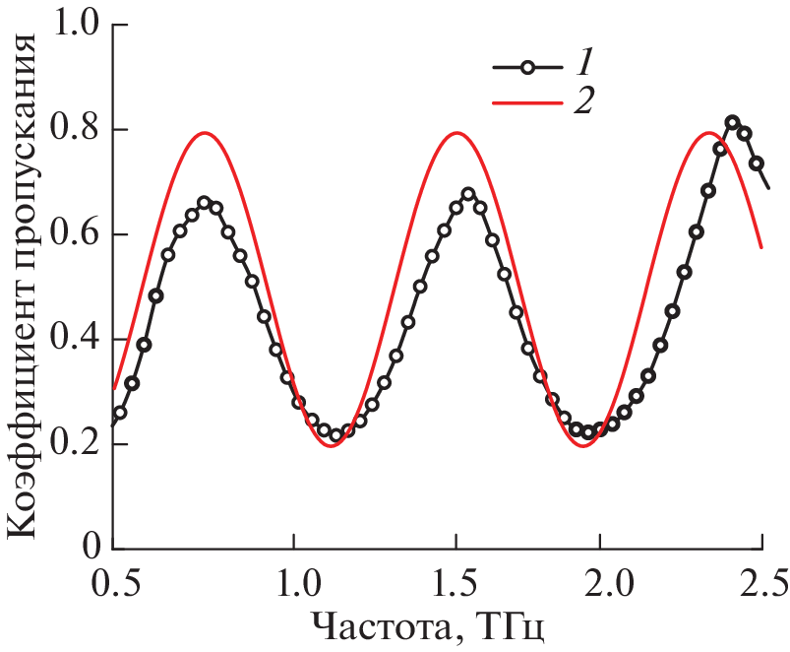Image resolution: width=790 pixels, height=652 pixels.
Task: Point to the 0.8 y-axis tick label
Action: pyautogui.click(x=77, y=129)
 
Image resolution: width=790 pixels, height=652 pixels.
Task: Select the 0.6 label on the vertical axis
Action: pyautogui.click(x=77, y=234)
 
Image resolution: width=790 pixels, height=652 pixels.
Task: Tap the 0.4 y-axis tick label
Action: pyautogui.click(x=77, y=339)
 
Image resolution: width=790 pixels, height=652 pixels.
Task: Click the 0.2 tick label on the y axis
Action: pyautogui.click(x=77, y=444)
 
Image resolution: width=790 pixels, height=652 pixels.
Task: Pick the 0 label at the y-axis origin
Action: pyautogui.click(x=92, y=549)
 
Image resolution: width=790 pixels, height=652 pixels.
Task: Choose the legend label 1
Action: pyautogui.click(x=583, y=66)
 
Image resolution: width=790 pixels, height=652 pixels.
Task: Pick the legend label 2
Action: pyautogui.click(x=583, y=100)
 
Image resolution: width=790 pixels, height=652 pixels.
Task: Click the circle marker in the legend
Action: pyautogui.click(x=527, y=67)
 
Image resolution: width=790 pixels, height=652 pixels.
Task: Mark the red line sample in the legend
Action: pyautogui.click(x=527, y=99)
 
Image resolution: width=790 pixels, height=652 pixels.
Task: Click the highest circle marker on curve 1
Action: pyautogui.click(x=732, y=123)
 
